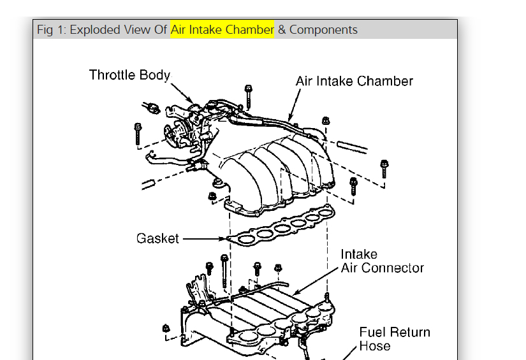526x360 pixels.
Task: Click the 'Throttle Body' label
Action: [129, 75]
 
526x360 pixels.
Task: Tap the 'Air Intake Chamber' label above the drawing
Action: [354, 82]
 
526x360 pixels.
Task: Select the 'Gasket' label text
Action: [157, 239]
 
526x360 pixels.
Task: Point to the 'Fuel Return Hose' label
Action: [394, 339]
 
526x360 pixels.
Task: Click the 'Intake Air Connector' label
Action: [382, 261]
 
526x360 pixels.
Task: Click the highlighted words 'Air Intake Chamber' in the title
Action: [222, 30]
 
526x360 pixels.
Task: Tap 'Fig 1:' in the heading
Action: [52, 30]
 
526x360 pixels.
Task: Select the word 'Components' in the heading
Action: [323, 30]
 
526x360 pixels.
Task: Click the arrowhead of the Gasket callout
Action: [226, 239]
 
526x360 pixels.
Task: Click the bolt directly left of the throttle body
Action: [138, 133]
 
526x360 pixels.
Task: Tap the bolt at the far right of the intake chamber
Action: [384, 168]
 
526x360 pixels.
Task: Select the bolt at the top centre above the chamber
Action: [248, 94]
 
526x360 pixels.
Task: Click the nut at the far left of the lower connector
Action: [166, 329]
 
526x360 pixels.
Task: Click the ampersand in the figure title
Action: [281, 30]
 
